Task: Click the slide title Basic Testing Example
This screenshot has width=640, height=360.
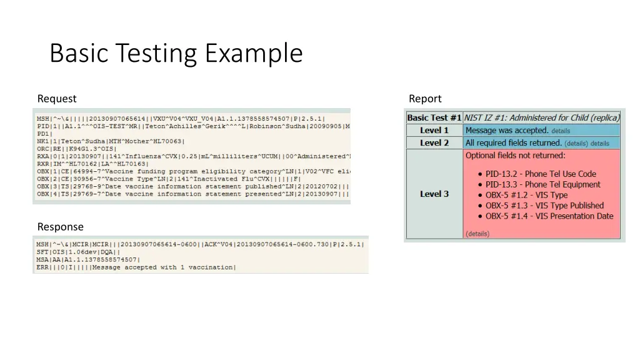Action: [x=176, y=53]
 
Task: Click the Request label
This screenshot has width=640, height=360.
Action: [x=57, y=99]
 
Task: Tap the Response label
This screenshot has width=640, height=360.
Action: [x=60, y=227]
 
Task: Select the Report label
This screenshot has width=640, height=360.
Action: [x=425, y=99]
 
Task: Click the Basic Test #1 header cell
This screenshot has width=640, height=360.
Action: [x=434, y=117]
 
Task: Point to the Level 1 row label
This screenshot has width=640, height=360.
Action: [x=434, y=131]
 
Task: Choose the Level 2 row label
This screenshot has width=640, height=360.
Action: [x=434, y=143]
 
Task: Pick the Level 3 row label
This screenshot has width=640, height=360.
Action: [x=434, y=194]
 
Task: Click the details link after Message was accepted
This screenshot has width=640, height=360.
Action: [x=561, y=131]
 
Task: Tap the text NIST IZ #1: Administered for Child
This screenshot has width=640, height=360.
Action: [x=541, y=117]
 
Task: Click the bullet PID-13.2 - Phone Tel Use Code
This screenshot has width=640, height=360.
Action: [x=541, y=174]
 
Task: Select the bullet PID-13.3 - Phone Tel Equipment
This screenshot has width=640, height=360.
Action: [x=542, y=184]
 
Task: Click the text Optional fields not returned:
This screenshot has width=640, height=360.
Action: [x=515, y=155]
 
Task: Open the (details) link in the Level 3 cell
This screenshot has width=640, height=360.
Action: [x=477, y=234]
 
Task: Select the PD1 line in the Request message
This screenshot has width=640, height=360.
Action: [x=44, y=134]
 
